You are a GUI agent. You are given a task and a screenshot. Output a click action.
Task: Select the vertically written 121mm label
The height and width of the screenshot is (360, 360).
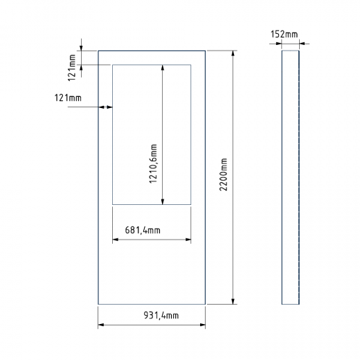(73, 62)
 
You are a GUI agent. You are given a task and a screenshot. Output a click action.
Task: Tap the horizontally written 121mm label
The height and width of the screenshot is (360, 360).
(67, 98)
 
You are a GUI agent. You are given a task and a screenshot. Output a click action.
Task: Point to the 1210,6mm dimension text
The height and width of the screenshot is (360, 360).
(154, 164)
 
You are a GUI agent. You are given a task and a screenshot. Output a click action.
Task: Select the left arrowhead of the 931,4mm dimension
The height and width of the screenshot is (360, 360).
(102, 325)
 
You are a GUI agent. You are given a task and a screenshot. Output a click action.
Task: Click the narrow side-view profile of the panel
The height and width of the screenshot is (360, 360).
(290, 177)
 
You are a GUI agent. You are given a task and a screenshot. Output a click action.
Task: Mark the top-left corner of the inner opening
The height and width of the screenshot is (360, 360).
(112, 64)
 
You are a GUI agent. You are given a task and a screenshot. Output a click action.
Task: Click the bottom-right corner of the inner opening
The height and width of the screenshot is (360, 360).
(190, 204)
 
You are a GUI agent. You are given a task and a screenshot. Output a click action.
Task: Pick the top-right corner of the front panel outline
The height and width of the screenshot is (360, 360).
(205, 50)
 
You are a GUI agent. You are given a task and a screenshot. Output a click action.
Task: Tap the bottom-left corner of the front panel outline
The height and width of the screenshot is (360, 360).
(98, 304)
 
